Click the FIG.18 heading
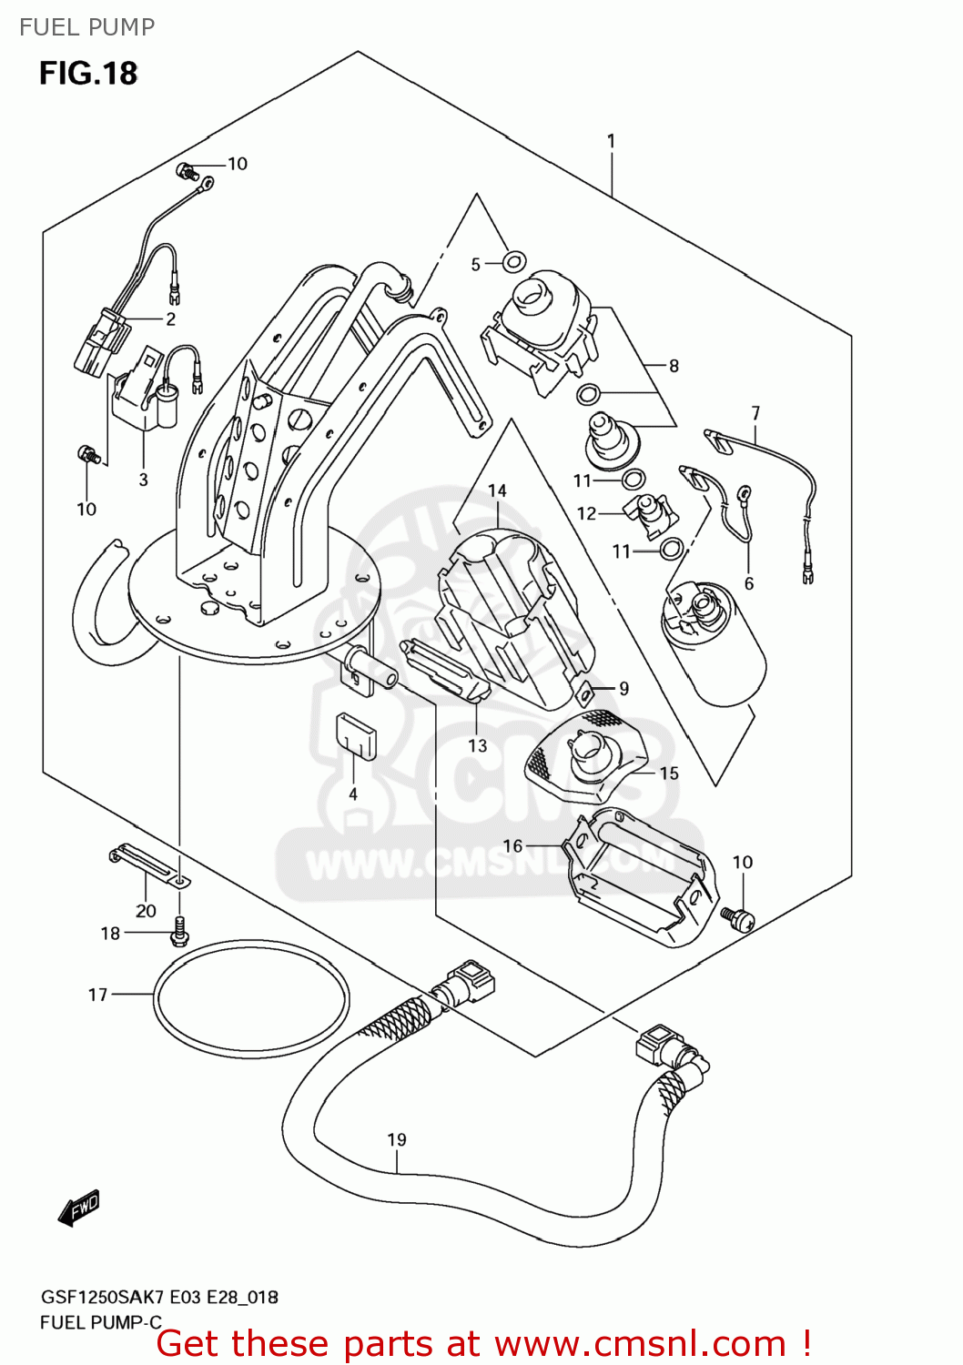coord(87,73)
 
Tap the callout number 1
coord(611,141)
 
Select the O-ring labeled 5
coord(514,263)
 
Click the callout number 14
coord(497,490)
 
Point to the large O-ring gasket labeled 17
coord(251,997)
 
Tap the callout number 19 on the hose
coord(397,1139)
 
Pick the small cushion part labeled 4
coord(355,735)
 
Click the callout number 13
coord(478,745)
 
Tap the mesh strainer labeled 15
coord(587,755)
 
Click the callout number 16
coord(512,845)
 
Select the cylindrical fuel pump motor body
coord(715,646)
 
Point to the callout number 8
coord(674,366)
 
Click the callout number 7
coord(755,413)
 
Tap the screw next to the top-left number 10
coord(188,170)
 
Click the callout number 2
coord(170,318)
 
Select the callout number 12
coord(586,513)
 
